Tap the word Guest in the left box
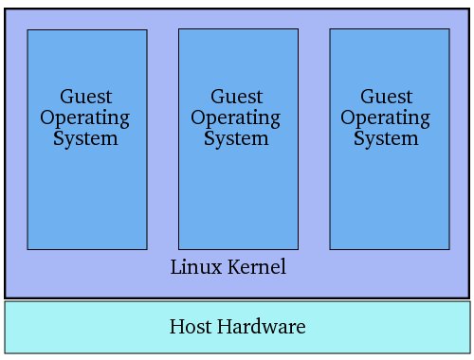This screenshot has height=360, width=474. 86,98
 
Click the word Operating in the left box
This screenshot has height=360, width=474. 86,119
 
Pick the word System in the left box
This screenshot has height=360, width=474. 86,138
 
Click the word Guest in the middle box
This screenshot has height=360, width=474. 237,98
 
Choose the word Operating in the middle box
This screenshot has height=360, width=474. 237,119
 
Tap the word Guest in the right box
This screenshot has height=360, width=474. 387,98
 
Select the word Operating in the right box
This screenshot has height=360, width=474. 387,119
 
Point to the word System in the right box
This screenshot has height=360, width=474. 387,138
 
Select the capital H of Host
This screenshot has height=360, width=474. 175,328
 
